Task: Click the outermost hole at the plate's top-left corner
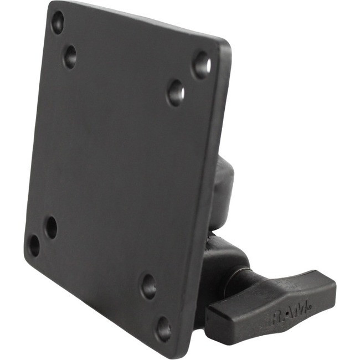tap(57, 23)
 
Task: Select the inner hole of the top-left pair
tap(70, 56)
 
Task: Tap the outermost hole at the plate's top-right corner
tap(202, 65)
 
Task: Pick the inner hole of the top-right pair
tap(176, 92)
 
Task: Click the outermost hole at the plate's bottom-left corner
tap(34, 245)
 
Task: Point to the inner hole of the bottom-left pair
tap(51, 227)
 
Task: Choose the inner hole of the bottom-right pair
tap(148, 286)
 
